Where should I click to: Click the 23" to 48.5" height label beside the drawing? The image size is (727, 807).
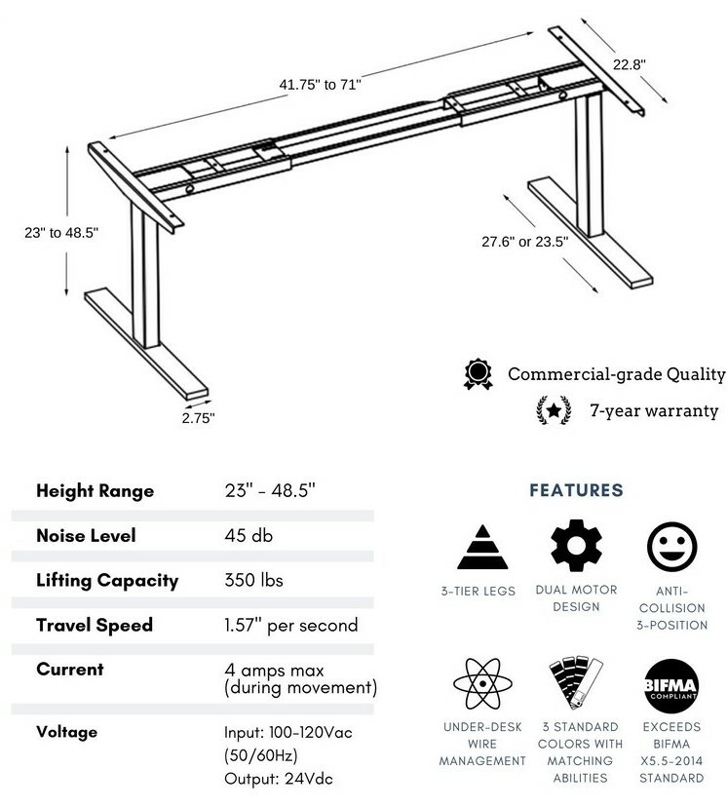point(61,232)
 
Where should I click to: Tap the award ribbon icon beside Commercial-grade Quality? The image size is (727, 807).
point(478,373)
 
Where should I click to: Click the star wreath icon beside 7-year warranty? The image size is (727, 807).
point(554,410)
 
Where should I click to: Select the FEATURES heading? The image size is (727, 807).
point(576,490)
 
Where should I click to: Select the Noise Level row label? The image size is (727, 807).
point(87,535)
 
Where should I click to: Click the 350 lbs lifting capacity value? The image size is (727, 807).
point(253,580)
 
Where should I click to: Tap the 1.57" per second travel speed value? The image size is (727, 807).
point(291,625)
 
